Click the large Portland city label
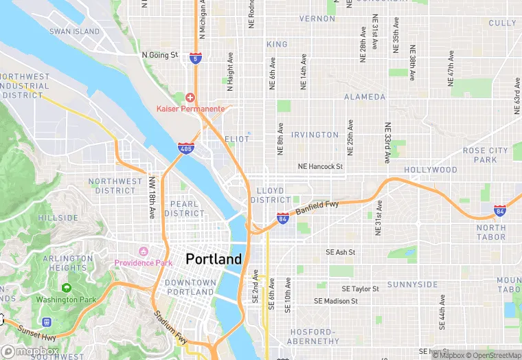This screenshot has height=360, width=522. (214, 259)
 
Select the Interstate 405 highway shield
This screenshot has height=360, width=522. (185, 148)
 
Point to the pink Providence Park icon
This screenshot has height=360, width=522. (144, 251)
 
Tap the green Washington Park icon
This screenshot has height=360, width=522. (67, 288)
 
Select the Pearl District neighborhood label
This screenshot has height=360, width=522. (184, 209)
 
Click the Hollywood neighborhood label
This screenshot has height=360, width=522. (430, 170)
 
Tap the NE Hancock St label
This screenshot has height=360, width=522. (319, 166)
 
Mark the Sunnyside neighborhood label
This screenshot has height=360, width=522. (412, 284)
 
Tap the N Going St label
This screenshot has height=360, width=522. (159, 54)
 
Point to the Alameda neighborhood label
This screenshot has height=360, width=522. (365, 97)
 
